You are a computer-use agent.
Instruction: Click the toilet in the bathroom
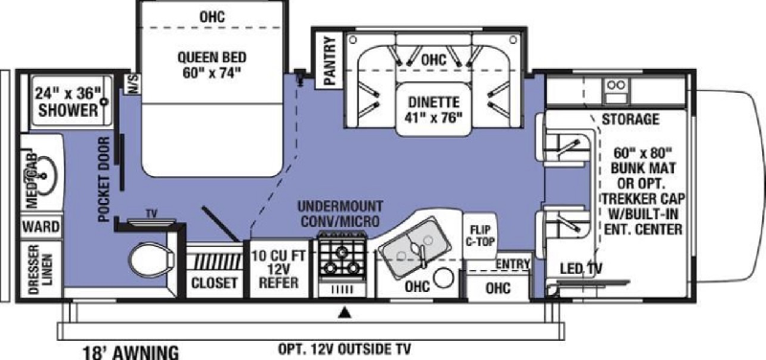(x=152, y=258)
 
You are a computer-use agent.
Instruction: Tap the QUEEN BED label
(x=212, y=57)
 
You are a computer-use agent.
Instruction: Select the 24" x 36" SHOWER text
(x=68, y=101)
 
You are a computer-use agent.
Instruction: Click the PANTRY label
(x=330, y=60)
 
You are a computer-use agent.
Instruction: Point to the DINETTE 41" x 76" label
(x=434, y=110)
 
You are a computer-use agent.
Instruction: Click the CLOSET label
(x=214, y=282)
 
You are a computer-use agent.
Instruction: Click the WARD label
(x=41, y=227)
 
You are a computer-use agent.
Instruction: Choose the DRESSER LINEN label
(x=40, y=269)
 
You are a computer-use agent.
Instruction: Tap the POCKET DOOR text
(x=104, y=180)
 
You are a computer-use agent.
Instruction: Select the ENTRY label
(x=512, y=263)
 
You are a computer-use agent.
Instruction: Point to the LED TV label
(x=581, y=268)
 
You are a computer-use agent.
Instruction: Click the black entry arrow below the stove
(x=346, y=310)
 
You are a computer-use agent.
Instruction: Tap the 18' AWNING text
(x=130, y=352)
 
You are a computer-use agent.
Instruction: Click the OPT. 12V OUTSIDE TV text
(x=345, y=349)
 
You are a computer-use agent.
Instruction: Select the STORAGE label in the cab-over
(x=630, y=119)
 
